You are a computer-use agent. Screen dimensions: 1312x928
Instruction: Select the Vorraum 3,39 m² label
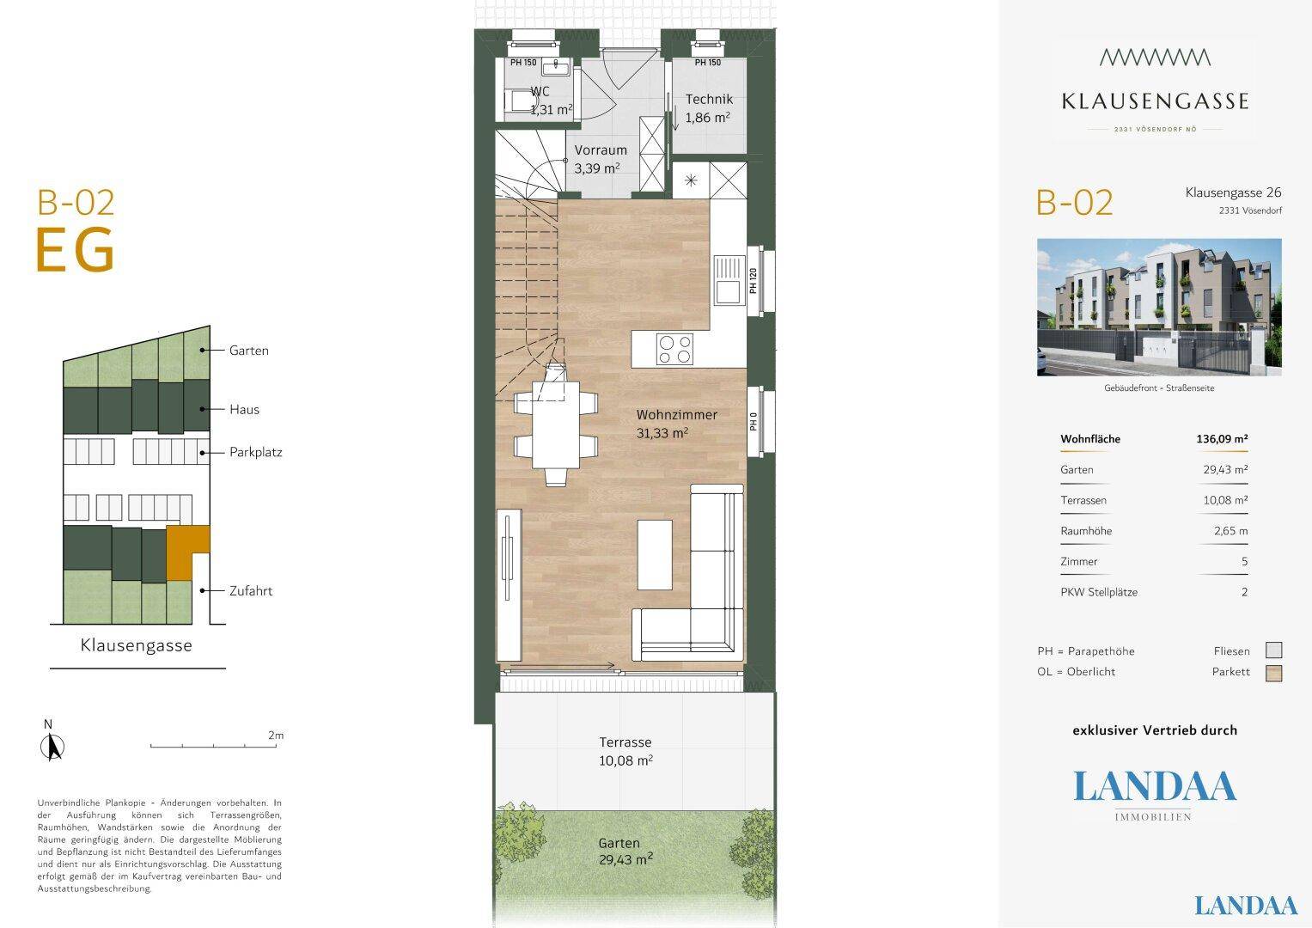click(x=601, y=159)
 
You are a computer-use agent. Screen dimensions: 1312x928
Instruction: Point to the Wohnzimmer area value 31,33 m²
click(x=662, y=434)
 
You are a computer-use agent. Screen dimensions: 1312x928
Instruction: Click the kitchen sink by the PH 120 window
click(x=729, y=280)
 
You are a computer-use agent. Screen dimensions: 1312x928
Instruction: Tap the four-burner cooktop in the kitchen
click(x=674, y=349)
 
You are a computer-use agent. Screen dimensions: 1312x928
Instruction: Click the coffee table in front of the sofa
click(x=655, y=555)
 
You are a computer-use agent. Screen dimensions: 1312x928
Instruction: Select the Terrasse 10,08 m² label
click(x=625, y=751)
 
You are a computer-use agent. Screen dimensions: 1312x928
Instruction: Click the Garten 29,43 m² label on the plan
click(x=625, y=852)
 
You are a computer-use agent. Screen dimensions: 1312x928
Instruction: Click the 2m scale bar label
click(x=276, y=736)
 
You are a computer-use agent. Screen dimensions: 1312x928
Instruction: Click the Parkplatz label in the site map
click(x=256, y=452)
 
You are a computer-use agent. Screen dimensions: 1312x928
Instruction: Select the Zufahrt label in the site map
click(x=251, y=591)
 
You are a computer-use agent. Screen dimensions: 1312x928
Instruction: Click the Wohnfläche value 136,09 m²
click(x=1222, y=439)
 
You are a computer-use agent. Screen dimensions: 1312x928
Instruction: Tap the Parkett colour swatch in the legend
click(x=1274, y=673)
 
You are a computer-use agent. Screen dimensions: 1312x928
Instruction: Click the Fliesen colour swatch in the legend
click(x=1274, y=650)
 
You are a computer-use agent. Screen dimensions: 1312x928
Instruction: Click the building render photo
click(x=1159, y=307)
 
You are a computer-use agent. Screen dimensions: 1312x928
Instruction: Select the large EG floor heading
click(x=75, y=250)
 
